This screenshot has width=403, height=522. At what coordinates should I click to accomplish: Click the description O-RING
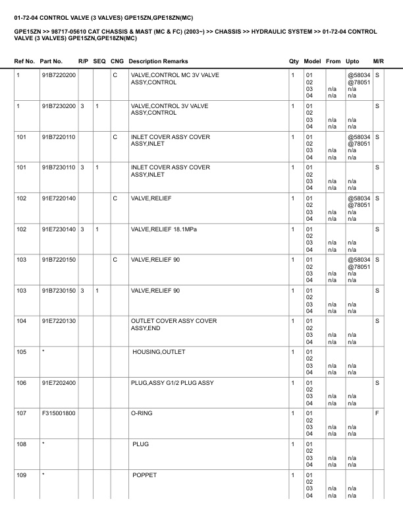[142, 413]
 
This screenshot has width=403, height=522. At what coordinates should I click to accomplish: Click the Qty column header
[294, 61]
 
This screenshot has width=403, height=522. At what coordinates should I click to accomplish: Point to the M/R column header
[378, 61]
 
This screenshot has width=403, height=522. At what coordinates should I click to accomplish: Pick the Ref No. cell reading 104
[21, 321]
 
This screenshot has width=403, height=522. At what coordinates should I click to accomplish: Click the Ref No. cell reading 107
[21, 413]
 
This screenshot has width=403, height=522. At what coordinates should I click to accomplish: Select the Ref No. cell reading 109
[21, 475]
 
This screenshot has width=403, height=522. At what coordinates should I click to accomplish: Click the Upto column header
[353, 61]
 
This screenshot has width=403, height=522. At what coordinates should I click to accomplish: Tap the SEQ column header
[99, 61]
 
